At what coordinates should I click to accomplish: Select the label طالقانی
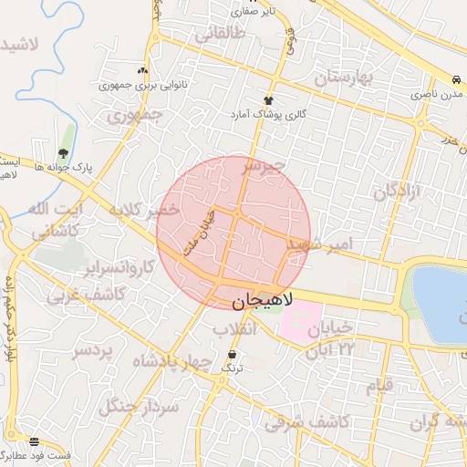(x=220, y=35)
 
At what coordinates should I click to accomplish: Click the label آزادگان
(x=400, y=192)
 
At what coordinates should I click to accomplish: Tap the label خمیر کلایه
(x=141, y=211)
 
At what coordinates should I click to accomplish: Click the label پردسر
(x=96, y=351)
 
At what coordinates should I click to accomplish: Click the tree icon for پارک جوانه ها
(x=63, y=153)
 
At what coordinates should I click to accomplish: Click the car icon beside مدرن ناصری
(x=454, y=79)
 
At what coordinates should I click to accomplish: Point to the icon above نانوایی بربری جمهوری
(x=141, y=70)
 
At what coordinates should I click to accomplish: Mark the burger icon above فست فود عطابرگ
(x=35, y=441)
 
